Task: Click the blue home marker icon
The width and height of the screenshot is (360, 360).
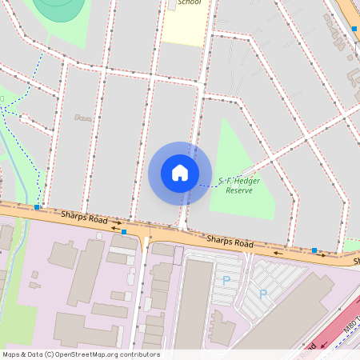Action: point(180,172)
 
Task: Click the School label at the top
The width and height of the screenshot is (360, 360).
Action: point(189,2)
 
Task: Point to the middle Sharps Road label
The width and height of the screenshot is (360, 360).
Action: point(230,241)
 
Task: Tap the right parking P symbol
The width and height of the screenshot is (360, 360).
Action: point(263,294)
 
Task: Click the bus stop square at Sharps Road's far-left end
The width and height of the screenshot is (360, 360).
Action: point(38,207)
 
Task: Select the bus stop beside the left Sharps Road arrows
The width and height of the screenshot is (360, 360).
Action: point(124,232)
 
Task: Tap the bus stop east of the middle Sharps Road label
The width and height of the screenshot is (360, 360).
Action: point(314,250)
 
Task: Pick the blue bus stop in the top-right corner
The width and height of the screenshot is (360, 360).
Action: point(354,29)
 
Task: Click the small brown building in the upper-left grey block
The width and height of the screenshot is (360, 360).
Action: point(83,118)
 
